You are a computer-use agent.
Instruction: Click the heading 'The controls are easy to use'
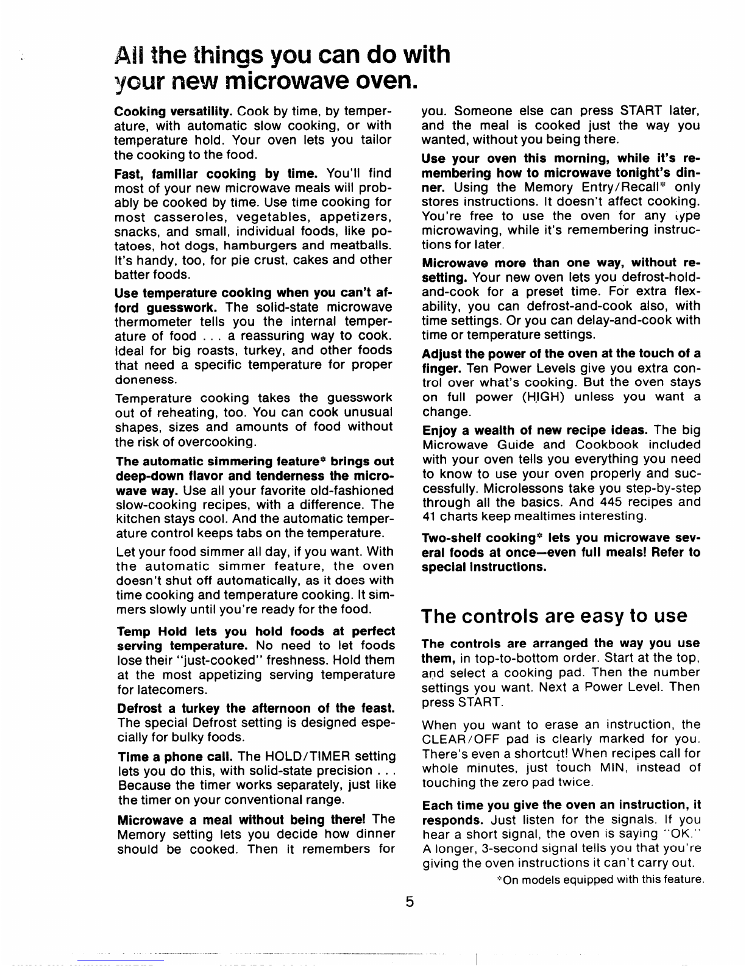(x=554, y=616)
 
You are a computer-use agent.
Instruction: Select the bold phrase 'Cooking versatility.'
(x=172, y=112)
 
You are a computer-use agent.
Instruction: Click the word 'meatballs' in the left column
(x=360, y=245)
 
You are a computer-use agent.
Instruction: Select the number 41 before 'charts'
(x=428, y=517)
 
